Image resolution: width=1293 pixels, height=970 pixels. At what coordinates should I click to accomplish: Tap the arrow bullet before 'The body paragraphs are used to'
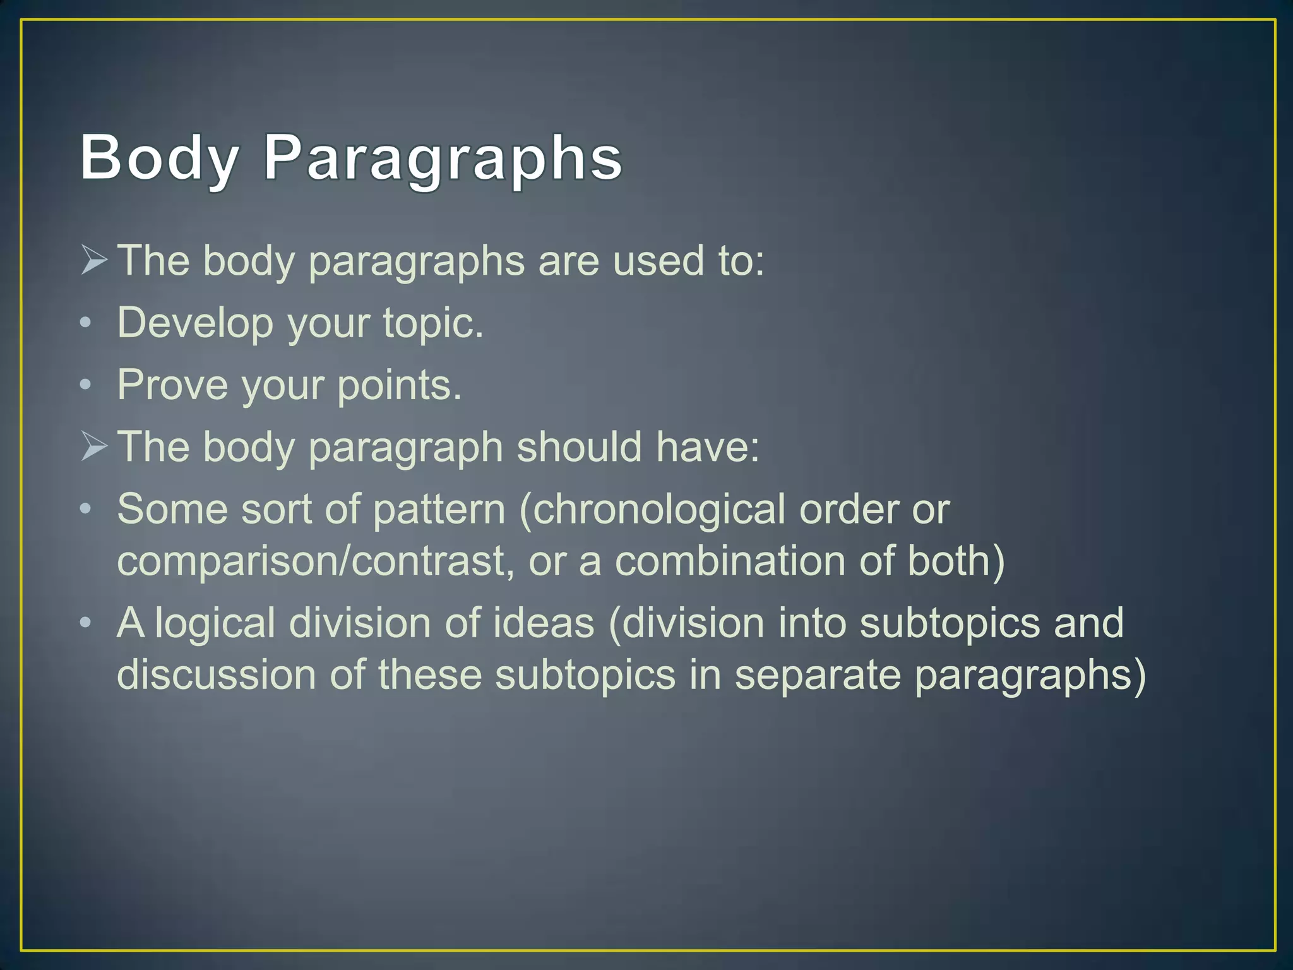tap(94, 260)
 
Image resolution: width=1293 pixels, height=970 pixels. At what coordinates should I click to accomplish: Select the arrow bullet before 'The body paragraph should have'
tap(94, 446)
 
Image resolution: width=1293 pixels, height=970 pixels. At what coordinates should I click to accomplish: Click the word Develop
tap(195, 323)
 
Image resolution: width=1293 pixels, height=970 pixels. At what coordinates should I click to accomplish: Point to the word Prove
tap(172, 385)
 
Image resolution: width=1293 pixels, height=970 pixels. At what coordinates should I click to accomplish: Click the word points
tap(399, 385)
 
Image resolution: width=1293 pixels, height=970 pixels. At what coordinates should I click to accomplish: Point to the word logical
tap(215, 624)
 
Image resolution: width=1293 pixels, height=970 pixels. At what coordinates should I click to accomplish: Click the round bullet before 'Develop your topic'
tap(86, 323)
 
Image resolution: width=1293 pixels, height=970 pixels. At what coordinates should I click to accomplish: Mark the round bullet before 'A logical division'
tap(86, 623)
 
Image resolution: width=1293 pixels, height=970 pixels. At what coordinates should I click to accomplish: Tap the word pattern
tap(439, 509)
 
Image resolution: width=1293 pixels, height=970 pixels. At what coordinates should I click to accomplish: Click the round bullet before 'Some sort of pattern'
tap(86, 509)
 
